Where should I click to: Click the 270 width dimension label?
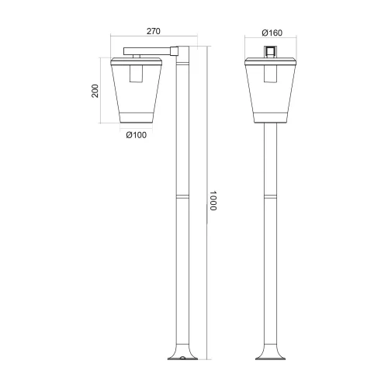tap(153, 32)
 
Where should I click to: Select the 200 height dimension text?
tap(95, 92)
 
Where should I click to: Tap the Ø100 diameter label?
tap(137, 135)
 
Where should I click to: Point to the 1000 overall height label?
tap(215, 203)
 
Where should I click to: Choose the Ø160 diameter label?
tap(272, 32)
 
